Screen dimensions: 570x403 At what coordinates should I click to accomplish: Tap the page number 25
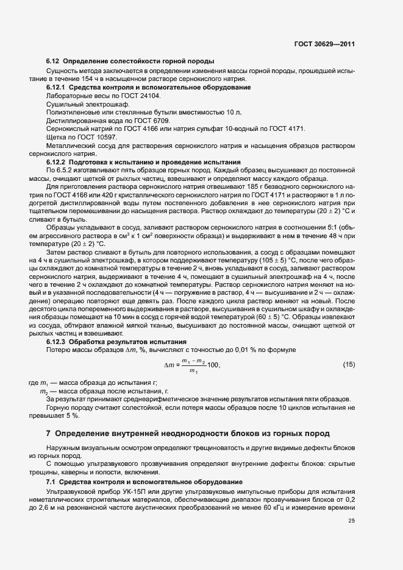[351, 520]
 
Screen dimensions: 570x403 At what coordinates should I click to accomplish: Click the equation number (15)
[348, 365]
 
